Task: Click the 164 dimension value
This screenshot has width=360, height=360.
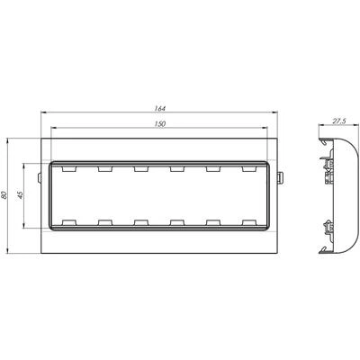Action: (160, 108)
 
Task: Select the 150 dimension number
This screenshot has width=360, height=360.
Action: (161, 124)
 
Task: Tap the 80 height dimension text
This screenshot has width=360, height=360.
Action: (4, 195)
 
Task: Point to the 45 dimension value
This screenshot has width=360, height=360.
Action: (20, 195)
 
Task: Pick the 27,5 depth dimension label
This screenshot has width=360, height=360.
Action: (339, 121)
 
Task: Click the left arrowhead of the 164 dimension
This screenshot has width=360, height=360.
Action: (43, 112)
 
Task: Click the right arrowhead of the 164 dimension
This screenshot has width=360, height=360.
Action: (274, 112)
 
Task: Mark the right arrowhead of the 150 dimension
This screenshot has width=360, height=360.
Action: (265, 128)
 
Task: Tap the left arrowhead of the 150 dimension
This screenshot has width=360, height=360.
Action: (54, 128)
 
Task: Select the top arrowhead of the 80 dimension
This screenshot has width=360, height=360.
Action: (8, 141)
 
